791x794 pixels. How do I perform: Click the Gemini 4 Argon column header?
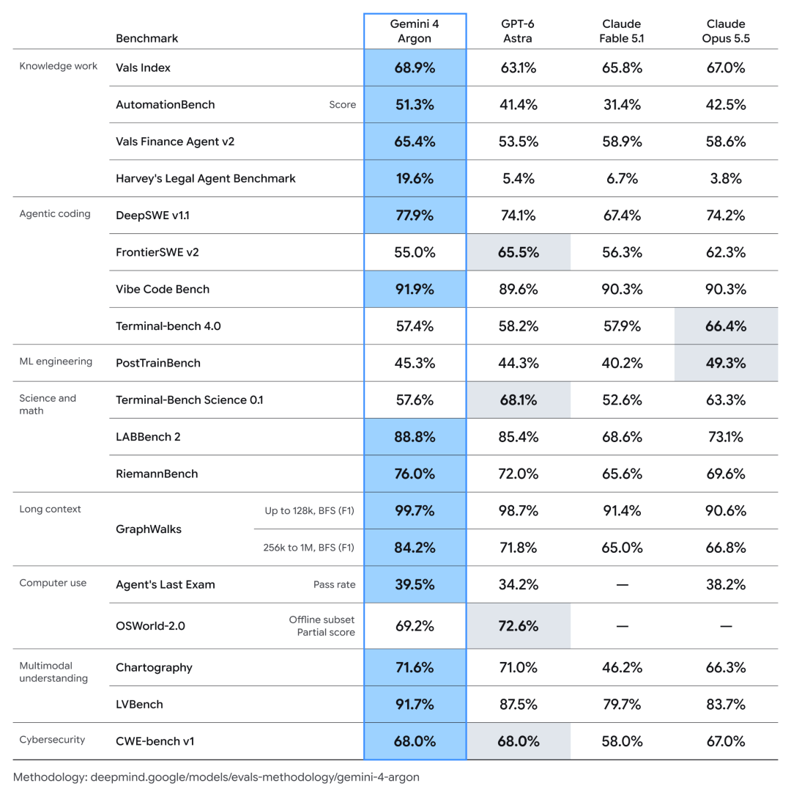pos(415,31)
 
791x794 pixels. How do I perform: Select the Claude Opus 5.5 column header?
pos(726,31)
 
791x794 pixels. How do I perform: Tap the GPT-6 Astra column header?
pos(517,31)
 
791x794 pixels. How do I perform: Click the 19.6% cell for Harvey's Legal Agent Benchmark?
pos(415,178)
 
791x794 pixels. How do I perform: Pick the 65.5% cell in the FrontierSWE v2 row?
pos(519,252)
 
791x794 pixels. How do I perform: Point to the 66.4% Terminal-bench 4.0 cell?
pos(726,326)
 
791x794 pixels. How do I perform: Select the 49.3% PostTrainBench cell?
pos(726,363)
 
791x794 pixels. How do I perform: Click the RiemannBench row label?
pos(157,474)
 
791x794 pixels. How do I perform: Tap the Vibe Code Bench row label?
pos(163,289)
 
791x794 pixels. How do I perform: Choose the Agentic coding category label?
pos(55,214)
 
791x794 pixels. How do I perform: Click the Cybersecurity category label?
pos(52,740)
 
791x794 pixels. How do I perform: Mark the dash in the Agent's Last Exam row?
pos(622,585)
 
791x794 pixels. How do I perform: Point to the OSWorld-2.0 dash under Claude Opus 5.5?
pos(726,626)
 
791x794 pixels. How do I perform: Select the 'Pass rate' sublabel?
pos(334,584)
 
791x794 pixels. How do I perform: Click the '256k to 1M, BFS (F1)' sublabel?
pos(308,548)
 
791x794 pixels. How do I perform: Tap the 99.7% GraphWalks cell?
pos(415,510)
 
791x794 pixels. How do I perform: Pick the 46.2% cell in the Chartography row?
pos(622,667)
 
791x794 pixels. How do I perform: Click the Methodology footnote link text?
pos(216,777)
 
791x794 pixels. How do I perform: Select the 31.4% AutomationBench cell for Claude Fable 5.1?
pos(622,105)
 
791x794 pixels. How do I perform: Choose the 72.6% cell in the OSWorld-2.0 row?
pos(519,626)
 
